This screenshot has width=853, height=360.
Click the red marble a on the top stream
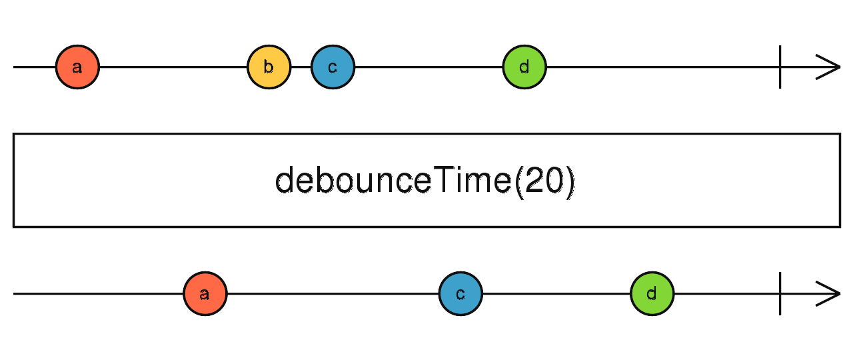[77, 67]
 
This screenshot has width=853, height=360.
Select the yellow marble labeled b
[269, 67]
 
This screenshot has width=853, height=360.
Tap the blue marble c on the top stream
[333, 67]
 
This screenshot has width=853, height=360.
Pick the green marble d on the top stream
[524, 67]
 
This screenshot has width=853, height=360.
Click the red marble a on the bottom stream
[205, 293]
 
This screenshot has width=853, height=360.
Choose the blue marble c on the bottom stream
[460, 293]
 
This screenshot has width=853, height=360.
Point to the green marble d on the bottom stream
[652, 293]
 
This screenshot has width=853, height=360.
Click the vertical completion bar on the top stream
[780, 67]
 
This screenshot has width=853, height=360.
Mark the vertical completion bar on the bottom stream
[780, 293]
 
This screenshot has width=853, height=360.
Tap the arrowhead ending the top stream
[830, 67]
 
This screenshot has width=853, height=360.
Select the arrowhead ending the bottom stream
[830, 293]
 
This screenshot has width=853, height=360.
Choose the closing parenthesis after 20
[568, 181]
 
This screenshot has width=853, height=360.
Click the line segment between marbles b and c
[301, 67]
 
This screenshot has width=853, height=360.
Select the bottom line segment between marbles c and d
[556, 293]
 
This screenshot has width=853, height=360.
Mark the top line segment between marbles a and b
[173, 67]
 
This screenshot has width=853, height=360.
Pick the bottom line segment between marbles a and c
[333, 293]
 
